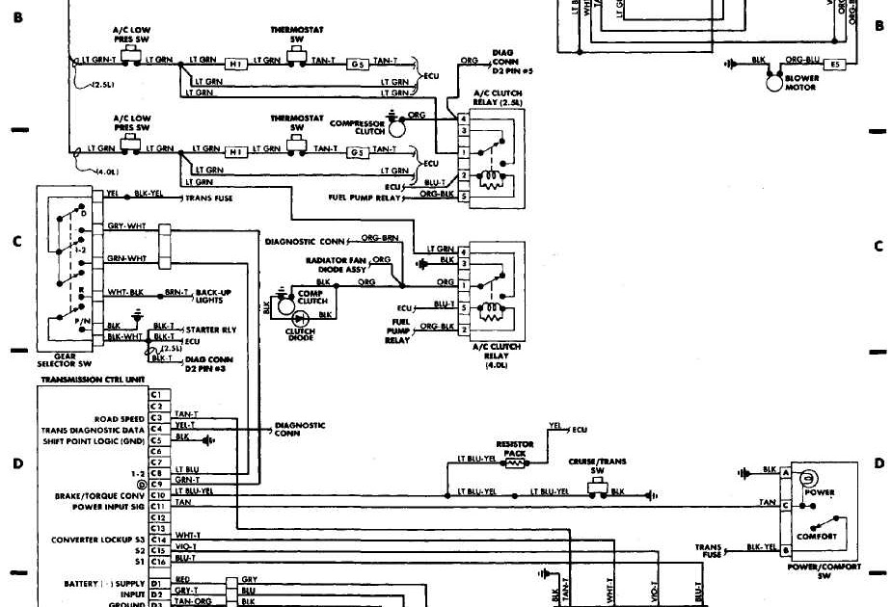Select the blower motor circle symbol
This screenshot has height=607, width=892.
[773, 84]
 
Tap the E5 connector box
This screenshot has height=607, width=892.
[837, 66]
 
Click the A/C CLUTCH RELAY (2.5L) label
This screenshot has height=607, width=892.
[496, 96]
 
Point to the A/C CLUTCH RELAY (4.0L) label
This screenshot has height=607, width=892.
[498, 352]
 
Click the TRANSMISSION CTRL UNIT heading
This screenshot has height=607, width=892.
[92, 380]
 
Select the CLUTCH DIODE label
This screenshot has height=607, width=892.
[301, 334]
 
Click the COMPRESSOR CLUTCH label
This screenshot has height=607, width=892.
[358, 127]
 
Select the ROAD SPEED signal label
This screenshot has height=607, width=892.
[119, 419]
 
